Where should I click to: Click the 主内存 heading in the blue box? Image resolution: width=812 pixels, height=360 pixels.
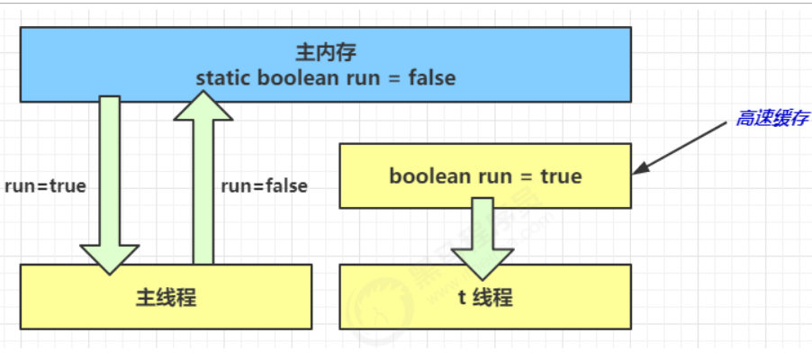pyautogui.click(x=326, y=52)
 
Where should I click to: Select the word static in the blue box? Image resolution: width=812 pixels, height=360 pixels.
pyautogui.click(x=223, y=77)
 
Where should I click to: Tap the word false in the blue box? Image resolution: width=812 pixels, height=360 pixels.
pyautogui.click(x=432, y=77)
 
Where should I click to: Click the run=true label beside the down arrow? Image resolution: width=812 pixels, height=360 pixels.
pyautogui.click(x=45, y=186)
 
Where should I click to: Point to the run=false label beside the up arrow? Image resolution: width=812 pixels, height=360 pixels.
pyautogui.click(x=264, y=186)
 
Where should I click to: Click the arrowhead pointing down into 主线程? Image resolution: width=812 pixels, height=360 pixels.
pyautogui.click(x=110, y=259)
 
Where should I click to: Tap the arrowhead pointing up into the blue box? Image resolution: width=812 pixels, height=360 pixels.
pyautogui.click(x=203, y=106)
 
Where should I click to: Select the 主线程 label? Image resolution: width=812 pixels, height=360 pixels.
pyautogui.click(x=167, y=297)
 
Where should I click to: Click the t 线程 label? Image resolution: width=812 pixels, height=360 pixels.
pyautogui.click(x=485, y=298)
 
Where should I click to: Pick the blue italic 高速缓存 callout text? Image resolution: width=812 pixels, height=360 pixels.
pyautogui.click(x=771, y=119)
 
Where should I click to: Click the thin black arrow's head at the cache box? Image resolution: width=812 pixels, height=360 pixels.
pyautogui.click(x=639, y=169)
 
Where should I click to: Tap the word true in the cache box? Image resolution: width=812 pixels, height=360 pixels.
pyautogui.click(x=562, y=176)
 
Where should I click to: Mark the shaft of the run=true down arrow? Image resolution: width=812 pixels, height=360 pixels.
pyautogui.click(x=110, y=171)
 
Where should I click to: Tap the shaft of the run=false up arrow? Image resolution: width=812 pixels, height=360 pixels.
pyautogui.click(x=203, y=193)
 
